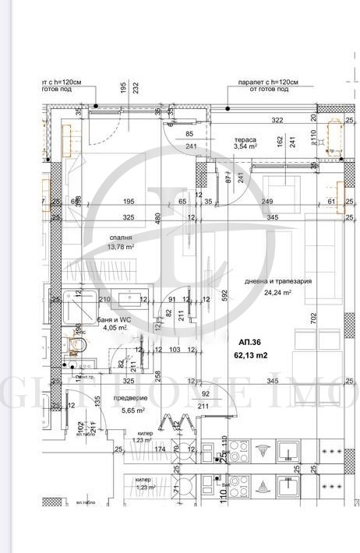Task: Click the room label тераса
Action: pyautogui.click(x=245, y=139)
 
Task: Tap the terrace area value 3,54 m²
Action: pyautogui.click(x=246, y=146)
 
